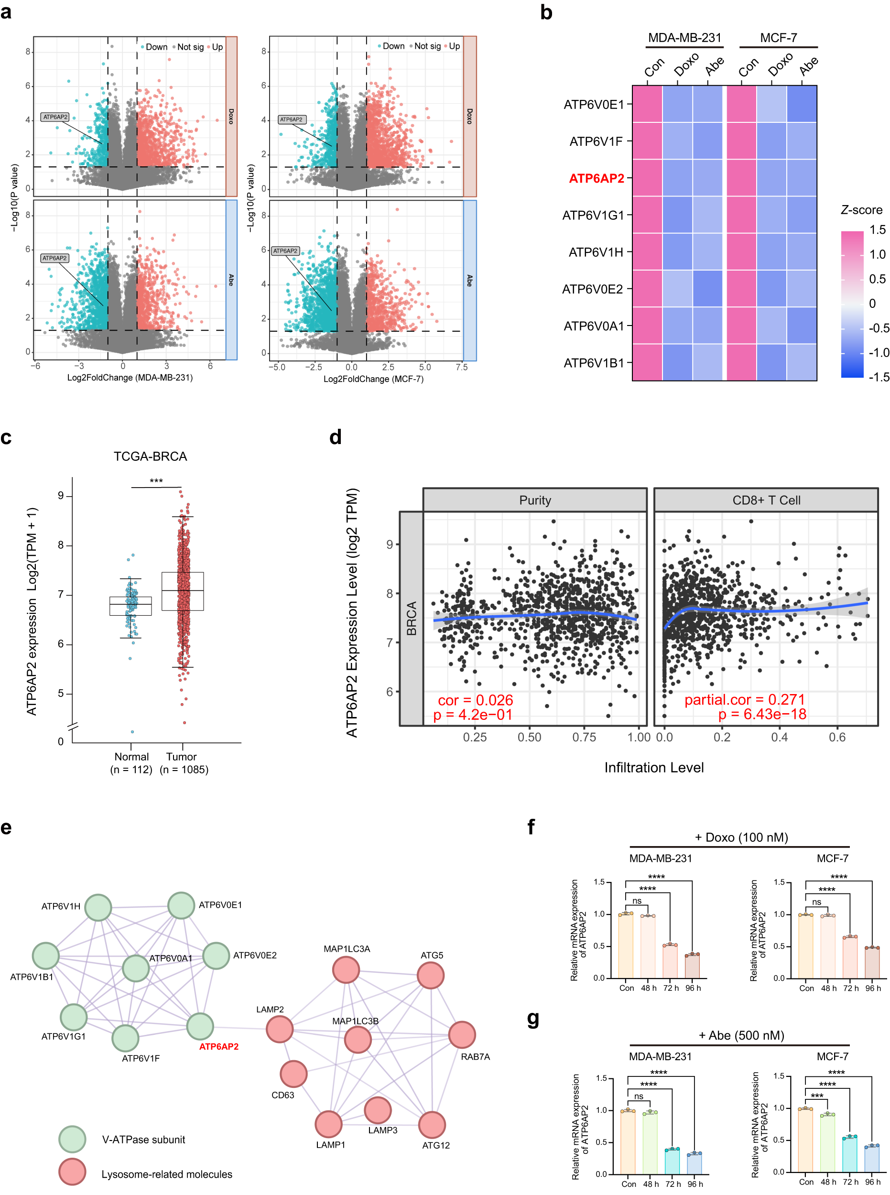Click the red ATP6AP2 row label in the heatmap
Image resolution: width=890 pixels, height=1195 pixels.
pyautogui.click(x=597, y=178)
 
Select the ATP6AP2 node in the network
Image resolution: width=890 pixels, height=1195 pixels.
pyautogui.click(x=200, y=1026)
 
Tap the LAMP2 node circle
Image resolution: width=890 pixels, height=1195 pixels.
pyautogui.click(x=280, y=1029)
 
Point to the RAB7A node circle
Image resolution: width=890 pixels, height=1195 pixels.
pyautogui.click(x=462, y=1034)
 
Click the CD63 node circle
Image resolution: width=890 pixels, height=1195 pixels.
pyautogui.click(x=293, y=1074)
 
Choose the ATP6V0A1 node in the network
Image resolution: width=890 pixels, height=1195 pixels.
pyautogui.click(x=136, y=968)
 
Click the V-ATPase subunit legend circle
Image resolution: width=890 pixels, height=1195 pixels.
pyautogui.click(x=72, y=1139)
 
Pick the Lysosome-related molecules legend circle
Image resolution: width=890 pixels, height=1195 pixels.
pyautogui.click(x=72, y=1172)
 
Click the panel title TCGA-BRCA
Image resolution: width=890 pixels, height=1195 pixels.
pyautogui.click(x=150, y=456)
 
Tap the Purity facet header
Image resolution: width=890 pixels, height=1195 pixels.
pyautogui.click(x=534, y=500)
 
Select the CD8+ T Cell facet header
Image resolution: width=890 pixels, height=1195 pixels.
pyautogui.click(x=766, y=500)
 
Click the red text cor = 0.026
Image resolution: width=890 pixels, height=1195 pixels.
pyautogui.click(x=475, y=700)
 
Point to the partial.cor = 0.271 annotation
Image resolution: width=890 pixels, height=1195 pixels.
pyautogui.click(x=744, y=699)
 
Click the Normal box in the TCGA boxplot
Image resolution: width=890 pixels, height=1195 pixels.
pyautogui.click(x=130, y=606)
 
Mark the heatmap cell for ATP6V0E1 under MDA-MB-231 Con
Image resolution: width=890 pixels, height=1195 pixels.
pyautogui.click(x=647, y=104)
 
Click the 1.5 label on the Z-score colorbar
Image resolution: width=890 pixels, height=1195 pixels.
pyautogui.click(x=878, y=230)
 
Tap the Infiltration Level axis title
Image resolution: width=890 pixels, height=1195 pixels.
pyautogui.click(x=653, y=767)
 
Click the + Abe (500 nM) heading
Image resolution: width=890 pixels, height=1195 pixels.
pyautogui.click(x=741, y=1035)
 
